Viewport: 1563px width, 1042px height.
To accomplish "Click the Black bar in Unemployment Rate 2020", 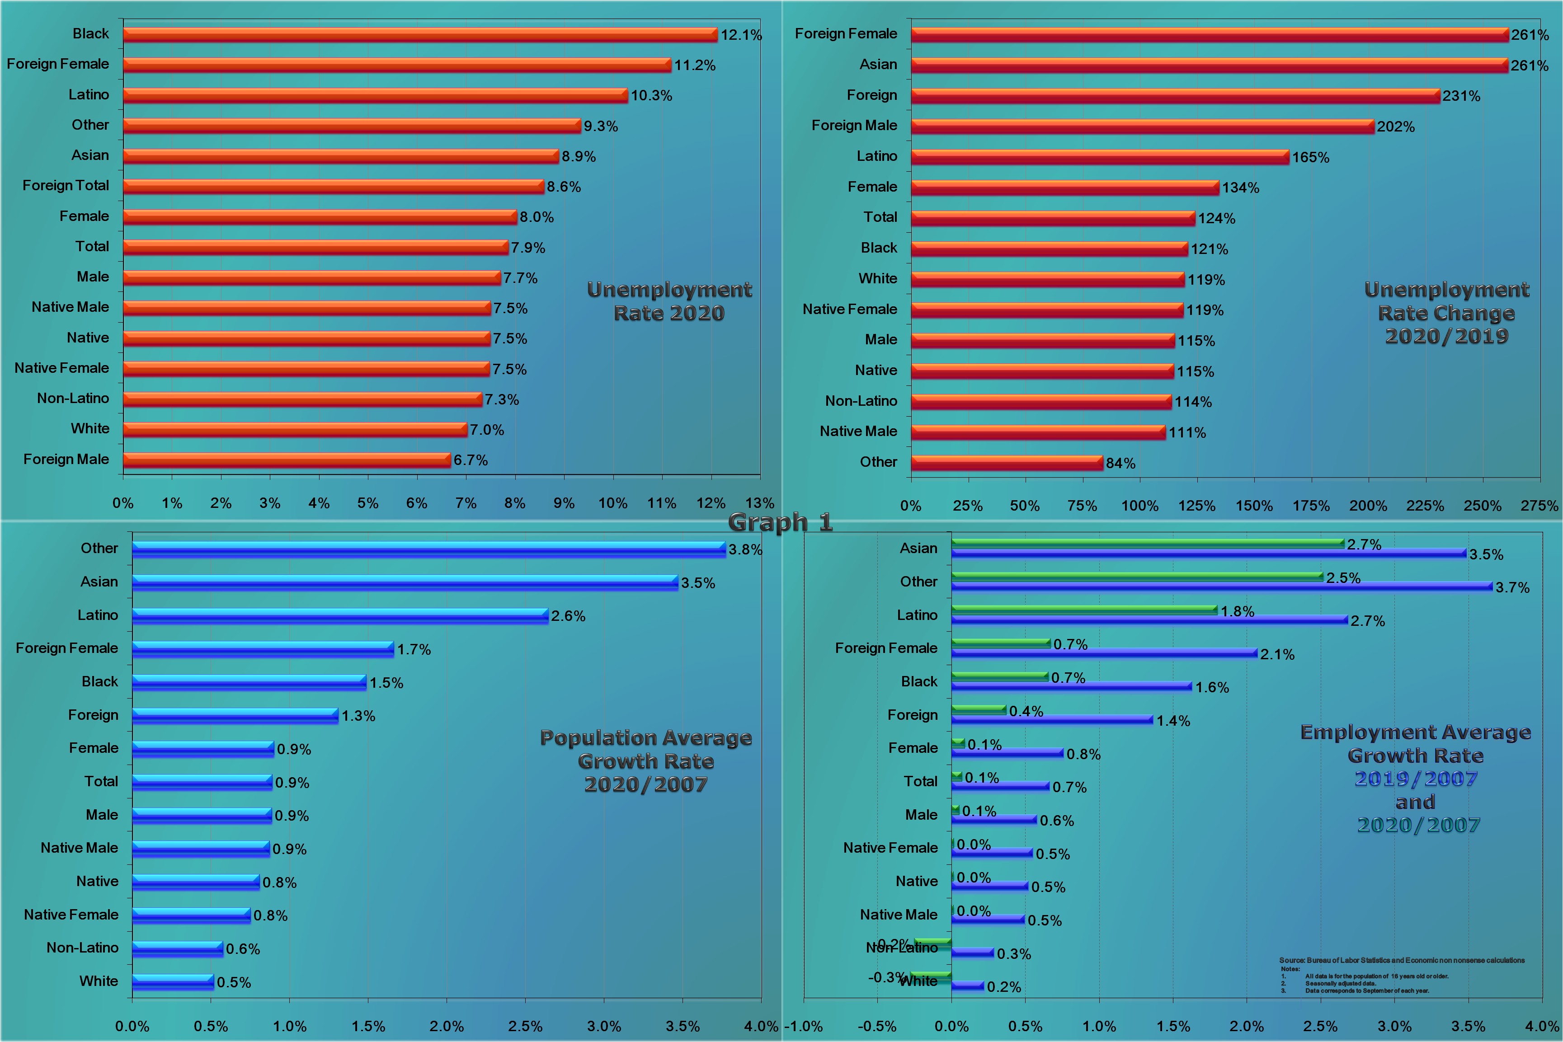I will coord(420,34).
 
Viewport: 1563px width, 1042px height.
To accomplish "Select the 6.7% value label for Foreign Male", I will coord(471,460).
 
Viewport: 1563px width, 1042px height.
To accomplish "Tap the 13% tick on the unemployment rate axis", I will coord(759,503).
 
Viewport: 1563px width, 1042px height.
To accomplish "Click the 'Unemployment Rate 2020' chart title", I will coord(669,301).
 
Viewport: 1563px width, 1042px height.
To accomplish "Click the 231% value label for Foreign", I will coord(1461,96).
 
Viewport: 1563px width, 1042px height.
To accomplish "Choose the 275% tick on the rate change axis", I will coord(1539,506).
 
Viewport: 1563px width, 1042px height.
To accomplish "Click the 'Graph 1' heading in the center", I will coord(780,522).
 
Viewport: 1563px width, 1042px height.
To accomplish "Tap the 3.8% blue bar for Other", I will coord(428,549).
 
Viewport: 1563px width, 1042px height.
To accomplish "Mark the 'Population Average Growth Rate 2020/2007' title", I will coord(645,761).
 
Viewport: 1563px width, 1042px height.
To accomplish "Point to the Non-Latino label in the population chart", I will coord(82,948).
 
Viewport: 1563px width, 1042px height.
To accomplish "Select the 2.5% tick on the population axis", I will coord(525,1026).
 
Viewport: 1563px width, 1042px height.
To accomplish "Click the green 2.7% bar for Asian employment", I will coord(1147,543).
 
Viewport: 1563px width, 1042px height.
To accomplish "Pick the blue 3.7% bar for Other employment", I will coord(1221,586).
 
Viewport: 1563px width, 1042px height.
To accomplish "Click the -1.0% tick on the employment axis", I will coord(804,1026).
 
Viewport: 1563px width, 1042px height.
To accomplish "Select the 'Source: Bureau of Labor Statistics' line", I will coord(1402,960).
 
